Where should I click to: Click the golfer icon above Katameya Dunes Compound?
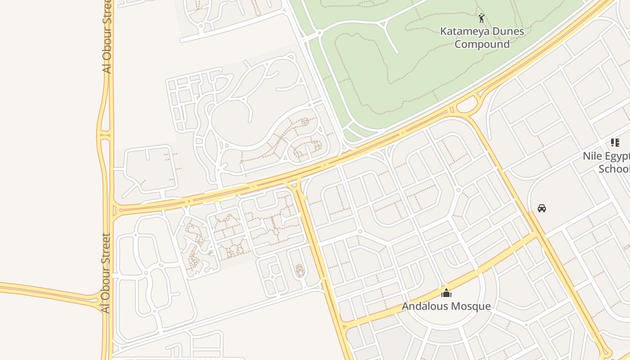point(482,18)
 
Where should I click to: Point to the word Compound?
point(482,44)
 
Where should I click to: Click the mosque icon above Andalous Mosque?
point(446,293)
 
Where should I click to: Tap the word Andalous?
point(423,306)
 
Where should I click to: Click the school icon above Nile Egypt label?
point(615,143)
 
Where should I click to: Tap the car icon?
point(542,208)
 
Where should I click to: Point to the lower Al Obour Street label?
point(106,273)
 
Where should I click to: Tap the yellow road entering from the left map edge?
point(27,288)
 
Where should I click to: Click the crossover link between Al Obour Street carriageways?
point(105,134)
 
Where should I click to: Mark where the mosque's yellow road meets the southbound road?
point(344,325)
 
